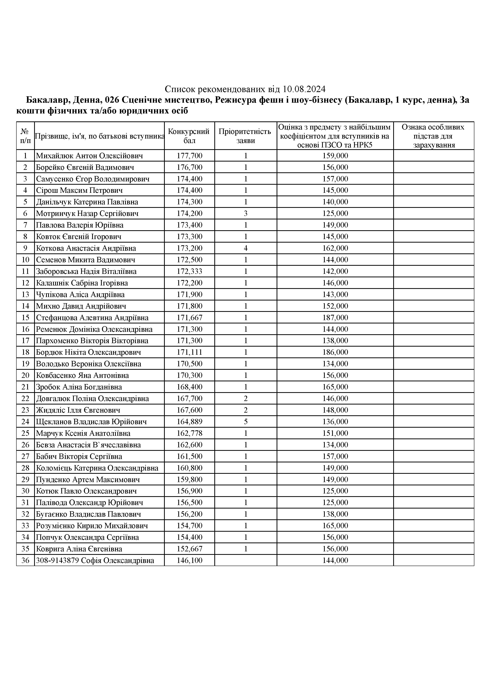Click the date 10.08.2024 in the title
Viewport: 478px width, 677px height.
tap(304, 89)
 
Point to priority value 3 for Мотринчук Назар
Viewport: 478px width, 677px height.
tap(245, 213)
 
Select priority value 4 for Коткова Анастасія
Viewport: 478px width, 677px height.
tap(245, 248)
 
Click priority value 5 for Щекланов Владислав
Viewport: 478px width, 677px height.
tap(245, 422)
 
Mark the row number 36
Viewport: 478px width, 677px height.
tap(25, 560)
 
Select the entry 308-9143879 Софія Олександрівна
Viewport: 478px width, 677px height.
tap(95, 560)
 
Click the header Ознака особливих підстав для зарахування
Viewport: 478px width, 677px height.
tap(433, 136)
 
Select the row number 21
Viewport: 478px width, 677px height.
tap(25, 387)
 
